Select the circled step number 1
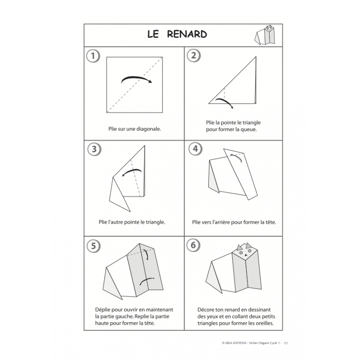coord(92,56)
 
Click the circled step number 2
coord(194,56)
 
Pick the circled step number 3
coord(92,149)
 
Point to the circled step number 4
coord(194,149)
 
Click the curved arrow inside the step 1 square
coord(136,80)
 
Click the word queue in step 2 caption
coord(248,130)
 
